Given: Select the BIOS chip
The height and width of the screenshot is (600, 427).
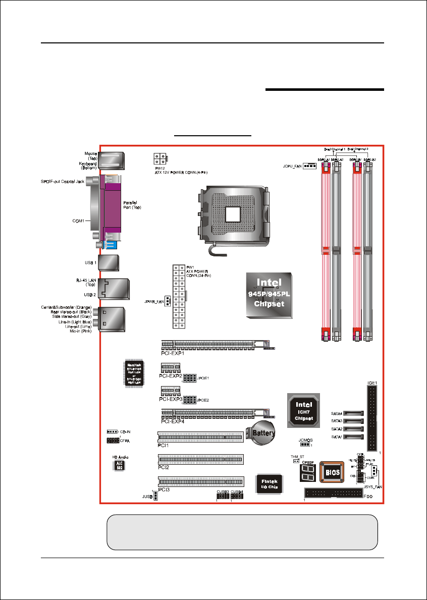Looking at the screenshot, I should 331,472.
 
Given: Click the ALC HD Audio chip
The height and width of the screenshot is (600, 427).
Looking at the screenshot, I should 119,465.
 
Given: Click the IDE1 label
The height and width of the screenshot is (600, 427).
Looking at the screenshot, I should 372,384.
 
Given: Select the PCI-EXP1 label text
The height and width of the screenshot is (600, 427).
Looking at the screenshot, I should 172,354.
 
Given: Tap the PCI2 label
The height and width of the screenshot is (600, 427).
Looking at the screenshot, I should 163,468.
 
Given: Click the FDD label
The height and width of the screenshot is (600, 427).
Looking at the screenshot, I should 369,497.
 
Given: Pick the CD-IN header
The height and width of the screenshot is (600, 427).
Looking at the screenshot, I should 112,432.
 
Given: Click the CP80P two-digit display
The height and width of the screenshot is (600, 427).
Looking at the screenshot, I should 307,473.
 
